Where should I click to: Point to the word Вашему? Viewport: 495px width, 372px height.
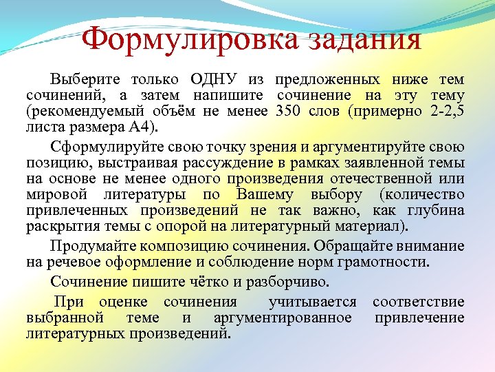pyautogui.click(x=292, y=195)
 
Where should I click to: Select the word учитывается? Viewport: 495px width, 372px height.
pyautogui.click(x=313, y=302)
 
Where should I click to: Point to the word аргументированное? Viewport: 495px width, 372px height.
pyautogui.click(x=283, y=318)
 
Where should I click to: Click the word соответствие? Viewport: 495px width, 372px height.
pyautogui.click(x=418, y=302)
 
